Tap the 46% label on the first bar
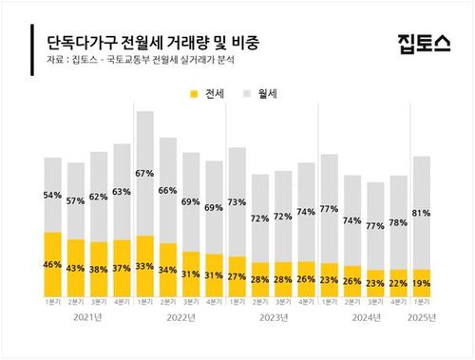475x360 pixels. [x=53, y=263]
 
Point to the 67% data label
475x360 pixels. [x=144, y=174]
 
